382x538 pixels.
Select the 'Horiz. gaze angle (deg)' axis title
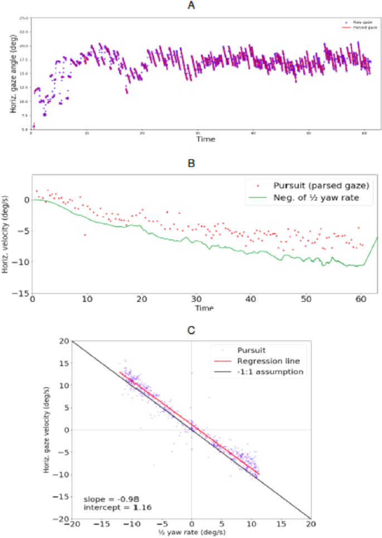pyautogui.click(x=12, y=73)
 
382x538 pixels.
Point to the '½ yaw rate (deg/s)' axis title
pyautogui.click(x=192, y=532)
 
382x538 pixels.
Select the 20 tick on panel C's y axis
pyautogui.click(x=64, y=341)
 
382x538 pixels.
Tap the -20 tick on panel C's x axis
pyautogui.click(x=72, y=525)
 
